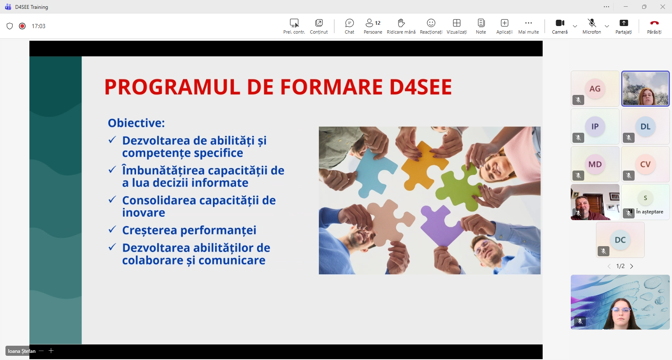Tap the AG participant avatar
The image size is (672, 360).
coord(595,89)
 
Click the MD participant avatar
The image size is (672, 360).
coord(595,164)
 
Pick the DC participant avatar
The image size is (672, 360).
coord(620,240)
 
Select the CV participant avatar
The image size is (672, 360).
coord(645,164)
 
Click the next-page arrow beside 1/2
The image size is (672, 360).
coord(632,266)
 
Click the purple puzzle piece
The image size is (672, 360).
coord(441,223)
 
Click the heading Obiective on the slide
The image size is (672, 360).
coord(136,123)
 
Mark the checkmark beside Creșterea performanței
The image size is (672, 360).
coord(112,229)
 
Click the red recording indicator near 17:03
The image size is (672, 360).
coord(22,26)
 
